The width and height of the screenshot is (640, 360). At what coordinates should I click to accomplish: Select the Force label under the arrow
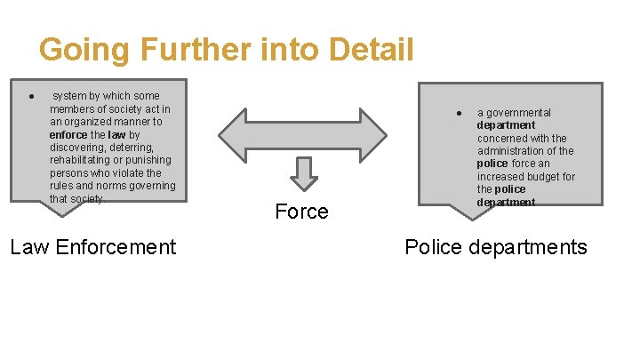pyautogui.click(x=301, y=212)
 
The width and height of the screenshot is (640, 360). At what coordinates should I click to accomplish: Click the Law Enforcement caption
pyautogui.click(x=92, y=246)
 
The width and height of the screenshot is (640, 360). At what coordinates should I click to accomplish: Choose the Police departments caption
pyautogui.click(x=496, y=246)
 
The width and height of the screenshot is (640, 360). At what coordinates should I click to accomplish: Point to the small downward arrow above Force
pyautogui.click(x=304, y=173)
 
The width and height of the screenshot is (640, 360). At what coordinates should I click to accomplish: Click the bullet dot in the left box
pyautogui.click(x=31, y=96)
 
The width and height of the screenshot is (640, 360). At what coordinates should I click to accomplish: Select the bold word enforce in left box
pyautogui.click(x=68, y=134)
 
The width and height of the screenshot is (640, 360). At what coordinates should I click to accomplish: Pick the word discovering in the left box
pyautogui.click(x=78, y=148)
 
